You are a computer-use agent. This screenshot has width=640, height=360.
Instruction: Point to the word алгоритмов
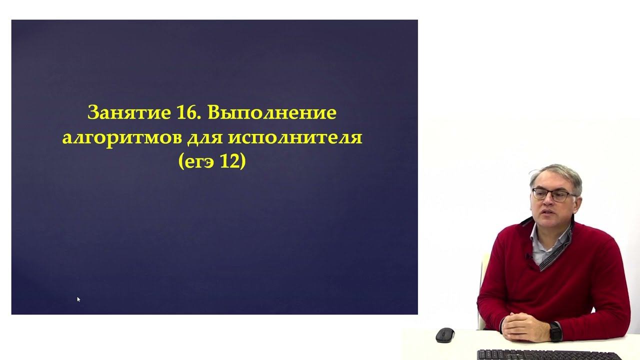click(x=122, y=137)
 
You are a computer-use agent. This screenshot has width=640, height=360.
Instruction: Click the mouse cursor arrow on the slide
click(x=78, y=299)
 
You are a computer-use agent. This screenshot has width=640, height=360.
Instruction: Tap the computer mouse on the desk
click(x=444, y=334)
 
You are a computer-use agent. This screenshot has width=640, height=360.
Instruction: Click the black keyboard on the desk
click(x=545, y=354)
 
